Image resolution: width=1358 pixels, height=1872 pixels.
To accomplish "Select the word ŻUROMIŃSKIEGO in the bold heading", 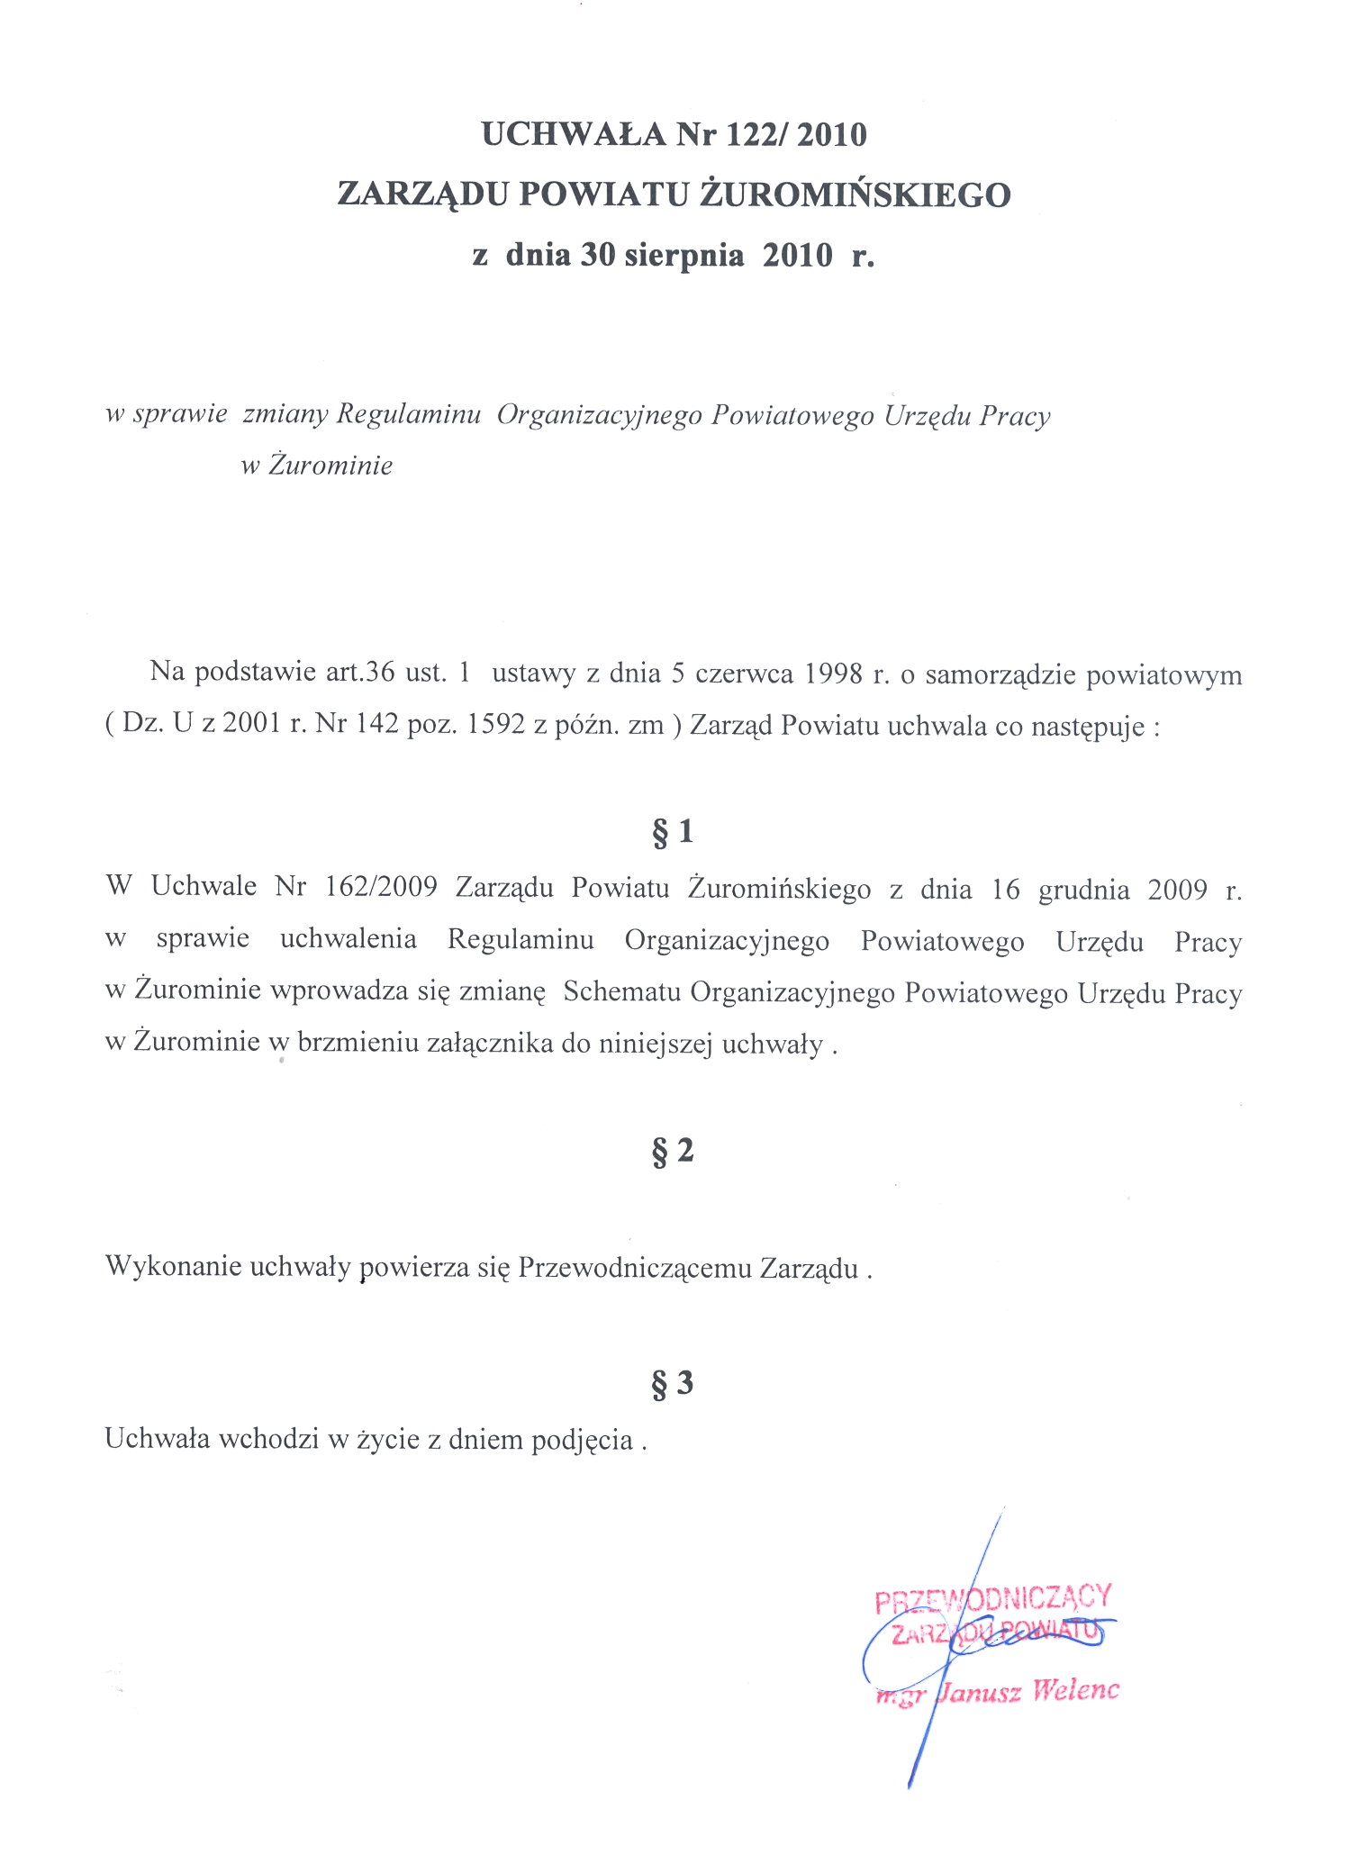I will pyautogui.click(x=855, y=194).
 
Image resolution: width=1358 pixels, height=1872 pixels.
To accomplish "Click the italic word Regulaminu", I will pyautogui.click(x=408, y=414).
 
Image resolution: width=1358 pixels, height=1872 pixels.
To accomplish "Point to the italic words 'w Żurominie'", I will pyautogui.click(x=317, y=465).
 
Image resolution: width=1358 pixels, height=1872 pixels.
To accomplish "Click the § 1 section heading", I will pyautogui.click(x=673, y=831).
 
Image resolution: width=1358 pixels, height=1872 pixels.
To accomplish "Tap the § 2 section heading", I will pyautogui.click(x=673, y=1151).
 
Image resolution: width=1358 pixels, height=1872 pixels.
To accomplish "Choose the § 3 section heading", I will pyautogui.click(x=673, y=1383).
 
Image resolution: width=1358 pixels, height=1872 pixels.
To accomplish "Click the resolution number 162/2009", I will pyautogui.click(x=381, y=887).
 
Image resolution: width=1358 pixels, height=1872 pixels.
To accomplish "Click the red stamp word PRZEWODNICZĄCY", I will pyautogui.click(x=993, y=1597).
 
